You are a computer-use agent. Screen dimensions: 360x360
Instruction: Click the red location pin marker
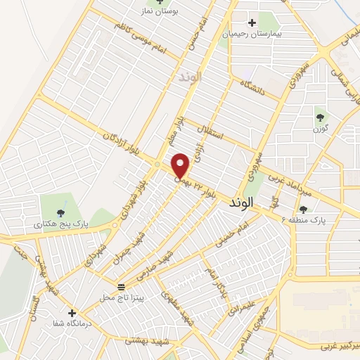click(181, 165)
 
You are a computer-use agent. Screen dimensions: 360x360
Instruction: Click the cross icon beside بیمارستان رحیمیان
click(252, 22)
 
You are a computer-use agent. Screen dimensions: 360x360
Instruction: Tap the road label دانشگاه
click(252, 90)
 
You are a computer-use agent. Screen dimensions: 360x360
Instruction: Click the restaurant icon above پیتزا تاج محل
click(122, 286)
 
